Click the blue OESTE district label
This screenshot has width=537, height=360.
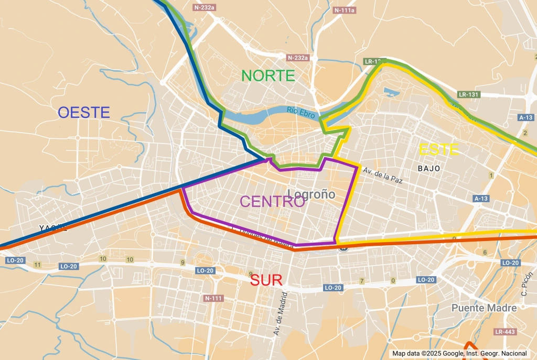84,112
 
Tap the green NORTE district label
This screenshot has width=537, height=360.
268,75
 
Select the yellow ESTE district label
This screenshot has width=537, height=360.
439,150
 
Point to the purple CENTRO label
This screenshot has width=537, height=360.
272,201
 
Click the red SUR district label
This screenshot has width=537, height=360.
266,280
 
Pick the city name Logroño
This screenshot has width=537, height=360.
312,194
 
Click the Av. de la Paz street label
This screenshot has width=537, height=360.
382,175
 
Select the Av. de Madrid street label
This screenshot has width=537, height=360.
278,313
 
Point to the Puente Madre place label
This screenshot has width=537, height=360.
484,308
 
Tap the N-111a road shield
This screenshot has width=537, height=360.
344,10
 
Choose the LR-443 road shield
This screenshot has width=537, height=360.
504,332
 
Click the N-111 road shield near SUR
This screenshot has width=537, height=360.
213,298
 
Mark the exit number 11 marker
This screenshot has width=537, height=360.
37,265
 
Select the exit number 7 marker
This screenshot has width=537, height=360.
361,281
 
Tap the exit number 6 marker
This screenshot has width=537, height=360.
485,253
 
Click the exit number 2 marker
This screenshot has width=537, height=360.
524,133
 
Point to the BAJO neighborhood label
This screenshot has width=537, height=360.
428,169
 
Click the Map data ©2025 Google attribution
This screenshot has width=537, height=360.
459,354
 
